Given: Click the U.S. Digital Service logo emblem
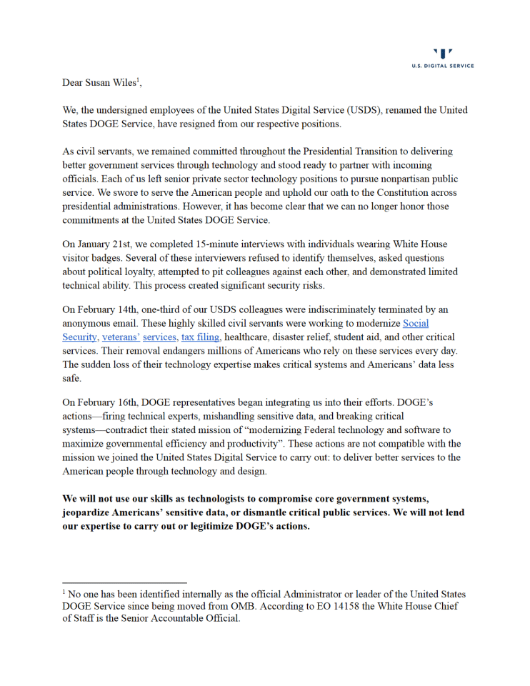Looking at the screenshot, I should (443, 54).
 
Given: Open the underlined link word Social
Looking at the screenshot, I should (416, 323).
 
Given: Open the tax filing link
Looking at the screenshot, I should (200, 337).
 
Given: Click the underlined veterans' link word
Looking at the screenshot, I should (121, 337).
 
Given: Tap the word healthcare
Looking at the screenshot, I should (251, 337).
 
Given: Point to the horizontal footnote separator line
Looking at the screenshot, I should (124, 583).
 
